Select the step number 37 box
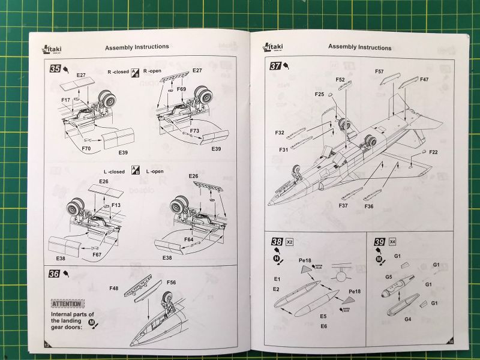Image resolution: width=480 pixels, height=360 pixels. (276, 66)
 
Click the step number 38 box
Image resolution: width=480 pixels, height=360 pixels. (277, 242)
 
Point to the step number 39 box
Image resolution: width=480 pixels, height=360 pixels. (379, 242)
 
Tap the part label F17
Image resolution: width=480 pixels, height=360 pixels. (65, 100)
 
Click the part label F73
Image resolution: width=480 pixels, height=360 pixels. (194, 130)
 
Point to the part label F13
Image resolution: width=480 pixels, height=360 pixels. (116, 205)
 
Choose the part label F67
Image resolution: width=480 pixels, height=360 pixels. (97, 254)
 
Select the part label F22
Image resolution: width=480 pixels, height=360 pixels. (433, 152)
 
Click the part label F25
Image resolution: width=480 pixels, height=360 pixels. (319, 94)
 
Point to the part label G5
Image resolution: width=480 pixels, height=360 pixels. (389, 277)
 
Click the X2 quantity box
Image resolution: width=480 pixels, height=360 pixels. (290, 242)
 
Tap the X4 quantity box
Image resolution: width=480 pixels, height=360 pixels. (392, 242)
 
